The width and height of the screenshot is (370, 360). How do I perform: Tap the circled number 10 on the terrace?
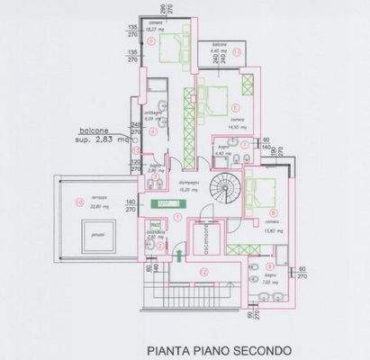point(81,199)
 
